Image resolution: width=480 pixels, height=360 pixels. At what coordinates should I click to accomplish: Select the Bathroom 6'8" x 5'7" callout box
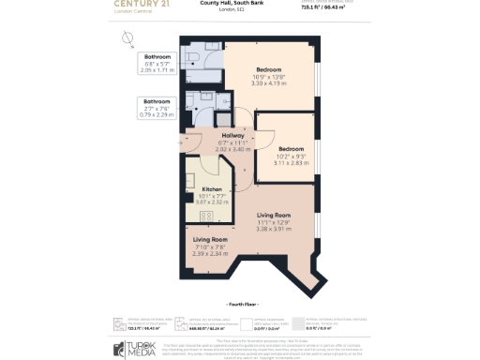click(x=157, y=63)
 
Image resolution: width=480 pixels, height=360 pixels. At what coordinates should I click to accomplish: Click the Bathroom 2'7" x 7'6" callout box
click(x=157, y=108)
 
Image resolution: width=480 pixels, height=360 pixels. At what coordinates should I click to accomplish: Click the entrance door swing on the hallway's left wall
click(x=188, y=142)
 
